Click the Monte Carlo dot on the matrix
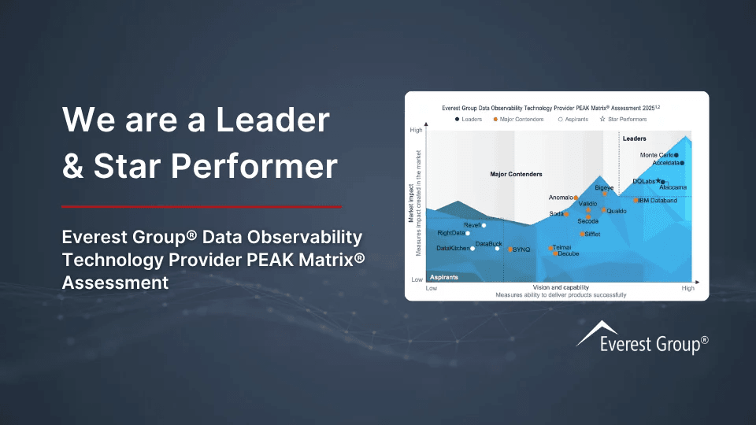tap(676, 155)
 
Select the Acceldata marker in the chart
tap(682, 163)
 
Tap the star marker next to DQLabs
tap(658, 181)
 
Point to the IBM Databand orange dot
tap(636, 201)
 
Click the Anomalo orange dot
tap(576, 198)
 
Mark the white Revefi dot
tap(484, 225)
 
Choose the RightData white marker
tap(468, 233)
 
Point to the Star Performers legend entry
tap(623, 119)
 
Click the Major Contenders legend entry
tap(521, 119)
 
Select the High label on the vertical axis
tap(417, 130)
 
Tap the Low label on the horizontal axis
tap(432, 289)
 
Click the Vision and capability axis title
tap(561, 287)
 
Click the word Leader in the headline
tap(275, 119)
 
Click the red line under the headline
tap(201, 207)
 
